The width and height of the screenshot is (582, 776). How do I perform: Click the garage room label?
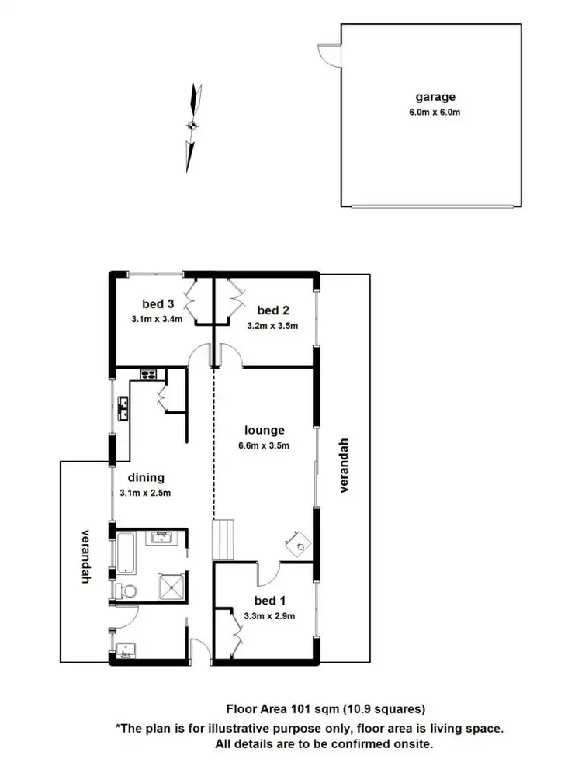tap(435, 98)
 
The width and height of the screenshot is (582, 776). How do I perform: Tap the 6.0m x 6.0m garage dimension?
tap(435, 112)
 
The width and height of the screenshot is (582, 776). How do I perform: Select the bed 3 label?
tap(157, 303)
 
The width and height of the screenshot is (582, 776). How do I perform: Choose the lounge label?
tap(264, 430)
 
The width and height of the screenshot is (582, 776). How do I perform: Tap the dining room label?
tap(146, 478)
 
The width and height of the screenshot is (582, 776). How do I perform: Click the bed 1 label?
tap(270, 600)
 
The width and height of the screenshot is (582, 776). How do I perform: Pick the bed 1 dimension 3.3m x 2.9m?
tap(270, 616)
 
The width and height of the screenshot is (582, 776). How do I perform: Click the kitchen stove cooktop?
tap(148, 376)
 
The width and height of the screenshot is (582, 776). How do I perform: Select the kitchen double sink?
tap(123, 407)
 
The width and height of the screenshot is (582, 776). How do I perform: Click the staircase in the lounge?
tap(223, 540)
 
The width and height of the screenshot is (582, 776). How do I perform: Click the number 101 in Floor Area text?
tap(300, 708)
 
